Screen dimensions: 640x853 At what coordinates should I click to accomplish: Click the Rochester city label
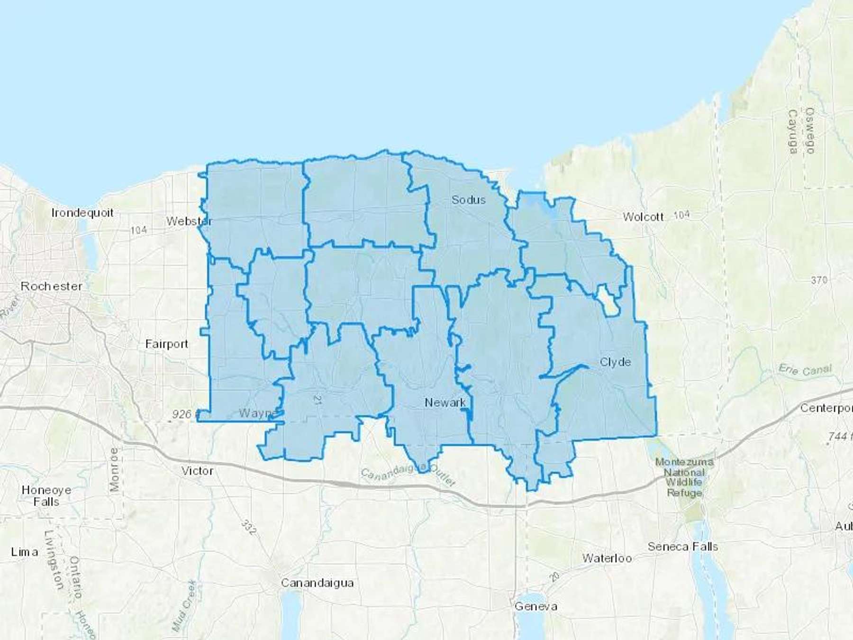click(51, 286)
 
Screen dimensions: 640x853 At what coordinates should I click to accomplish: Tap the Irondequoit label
click(82, 213)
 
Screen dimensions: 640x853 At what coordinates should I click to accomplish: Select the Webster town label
click(189, 221)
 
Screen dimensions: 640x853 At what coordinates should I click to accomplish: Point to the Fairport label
click(166, 344)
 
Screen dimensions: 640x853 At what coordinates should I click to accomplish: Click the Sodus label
click(468, 200)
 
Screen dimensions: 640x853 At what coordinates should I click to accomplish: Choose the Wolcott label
click(643, 217)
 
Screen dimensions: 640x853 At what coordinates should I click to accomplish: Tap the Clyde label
click(615, 362)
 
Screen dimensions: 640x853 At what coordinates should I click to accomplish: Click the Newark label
click(445, 402)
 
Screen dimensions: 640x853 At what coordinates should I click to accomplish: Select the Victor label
click(197, 471)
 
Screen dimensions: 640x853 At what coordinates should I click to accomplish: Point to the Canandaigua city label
click(317, 583)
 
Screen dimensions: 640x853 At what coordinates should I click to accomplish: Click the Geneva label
click(535, 606)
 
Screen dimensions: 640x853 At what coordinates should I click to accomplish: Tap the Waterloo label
click(607, 558)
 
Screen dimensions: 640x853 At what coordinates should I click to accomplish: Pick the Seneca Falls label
click(682, 547)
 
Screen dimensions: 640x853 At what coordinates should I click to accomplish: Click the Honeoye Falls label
click(46, 496)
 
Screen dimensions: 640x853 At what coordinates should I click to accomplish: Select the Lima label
click(24, 552)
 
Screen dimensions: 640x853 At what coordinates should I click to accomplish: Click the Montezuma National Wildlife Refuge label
click(684, 477)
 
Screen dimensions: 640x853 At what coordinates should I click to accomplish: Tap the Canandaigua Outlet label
click(408, 476)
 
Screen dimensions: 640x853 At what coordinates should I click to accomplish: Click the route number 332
click(248, 527)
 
